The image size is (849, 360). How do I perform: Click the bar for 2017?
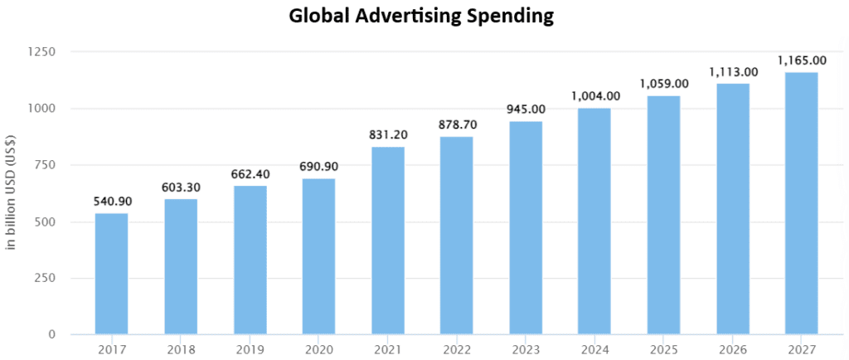click(111, 274)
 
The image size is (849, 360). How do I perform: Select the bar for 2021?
click(387, 241)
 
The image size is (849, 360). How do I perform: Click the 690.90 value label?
click(318, 167)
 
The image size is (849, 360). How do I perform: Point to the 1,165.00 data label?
click(801, 61)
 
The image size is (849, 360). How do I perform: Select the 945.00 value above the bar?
click(525, 109)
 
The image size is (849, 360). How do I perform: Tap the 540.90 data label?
click(111, 202)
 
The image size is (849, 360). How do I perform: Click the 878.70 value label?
click(456, 124)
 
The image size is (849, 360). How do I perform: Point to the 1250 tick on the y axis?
click(41, 52)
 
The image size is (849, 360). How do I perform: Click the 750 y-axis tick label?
click(45, 165)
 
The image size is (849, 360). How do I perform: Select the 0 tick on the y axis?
click(51, 334)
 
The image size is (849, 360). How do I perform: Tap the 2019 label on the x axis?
click(250, 349)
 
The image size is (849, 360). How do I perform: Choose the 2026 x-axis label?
click(732, 349)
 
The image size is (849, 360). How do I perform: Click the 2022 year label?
click(456, 349)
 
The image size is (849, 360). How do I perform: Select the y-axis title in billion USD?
click(12, 192)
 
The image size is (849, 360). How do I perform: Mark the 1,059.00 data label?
click(663, 84)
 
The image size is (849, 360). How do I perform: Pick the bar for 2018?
click(181, 266)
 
